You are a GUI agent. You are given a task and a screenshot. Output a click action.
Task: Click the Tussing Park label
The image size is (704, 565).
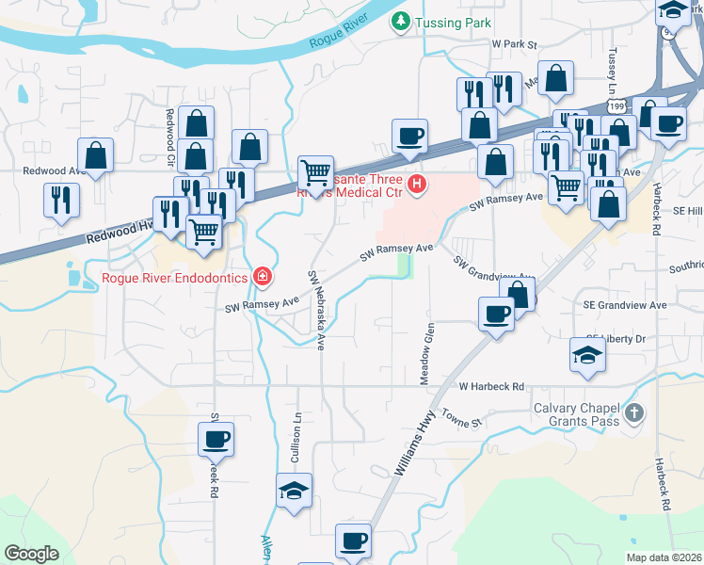(448, 21)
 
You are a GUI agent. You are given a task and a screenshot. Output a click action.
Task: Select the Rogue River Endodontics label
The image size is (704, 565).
(176, 278)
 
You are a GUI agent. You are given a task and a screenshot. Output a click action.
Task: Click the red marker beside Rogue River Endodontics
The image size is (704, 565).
(264, 277)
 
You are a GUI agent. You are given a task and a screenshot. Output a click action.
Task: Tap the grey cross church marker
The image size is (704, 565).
(635, 412)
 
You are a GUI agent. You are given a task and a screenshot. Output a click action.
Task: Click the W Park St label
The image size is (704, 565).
(513, 44)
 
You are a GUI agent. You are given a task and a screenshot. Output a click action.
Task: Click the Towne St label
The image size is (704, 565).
(461, 417)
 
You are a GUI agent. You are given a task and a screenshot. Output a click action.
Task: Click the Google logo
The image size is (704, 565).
(31, 554)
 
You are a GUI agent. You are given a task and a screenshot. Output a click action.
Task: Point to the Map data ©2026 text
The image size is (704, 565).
(663, 557)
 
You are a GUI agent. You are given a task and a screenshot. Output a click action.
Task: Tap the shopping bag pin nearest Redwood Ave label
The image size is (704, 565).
(96, 156)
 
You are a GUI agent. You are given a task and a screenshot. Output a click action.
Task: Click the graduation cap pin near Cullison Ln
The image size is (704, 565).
(294, 491)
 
